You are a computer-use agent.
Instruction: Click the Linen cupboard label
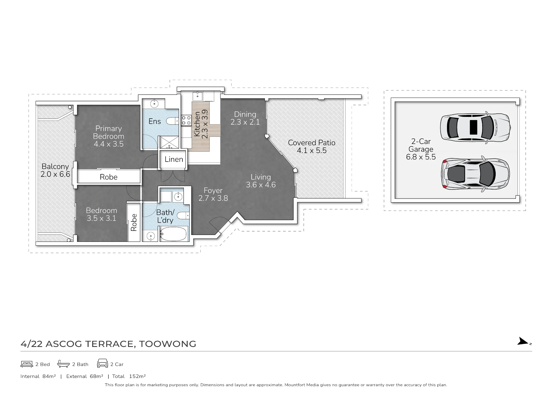[x=174, y=159]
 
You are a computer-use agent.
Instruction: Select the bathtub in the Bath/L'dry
[x=174, y=234]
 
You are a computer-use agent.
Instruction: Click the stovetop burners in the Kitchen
[x=186, y=121]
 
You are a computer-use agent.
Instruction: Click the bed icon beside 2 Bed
[x=27, y=364]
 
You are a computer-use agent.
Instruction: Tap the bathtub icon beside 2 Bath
[x=63, y=364]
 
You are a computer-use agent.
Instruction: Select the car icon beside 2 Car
[x=102, y=363]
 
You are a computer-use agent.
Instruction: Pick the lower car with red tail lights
[x=476, y=174]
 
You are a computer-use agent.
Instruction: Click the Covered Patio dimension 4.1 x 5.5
[x=312, y=151]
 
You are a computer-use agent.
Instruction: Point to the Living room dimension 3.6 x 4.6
[x=261, y=185]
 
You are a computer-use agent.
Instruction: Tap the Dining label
[x=245, y=114]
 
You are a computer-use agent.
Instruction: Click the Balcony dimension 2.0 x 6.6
[x=55, y=174]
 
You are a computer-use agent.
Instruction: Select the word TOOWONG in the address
[x=168, y=344]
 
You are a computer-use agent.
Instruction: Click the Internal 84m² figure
[x=38, y=376]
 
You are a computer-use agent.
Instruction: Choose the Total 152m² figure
[x=129, y=376]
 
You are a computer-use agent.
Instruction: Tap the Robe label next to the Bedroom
[x=134, y=222]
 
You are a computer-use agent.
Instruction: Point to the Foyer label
[x=213, y=191]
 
